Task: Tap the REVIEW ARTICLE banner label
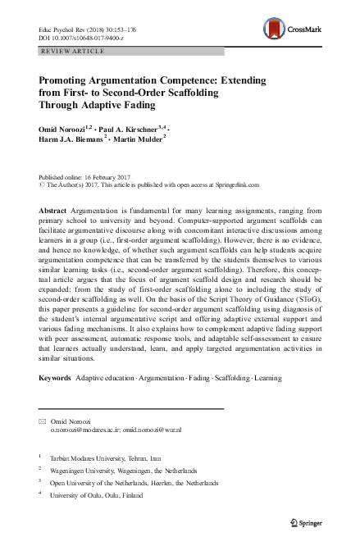pos(72,52)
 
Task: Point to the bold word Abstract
pos(53,212)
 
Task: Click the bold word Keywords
pos(55,379)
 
